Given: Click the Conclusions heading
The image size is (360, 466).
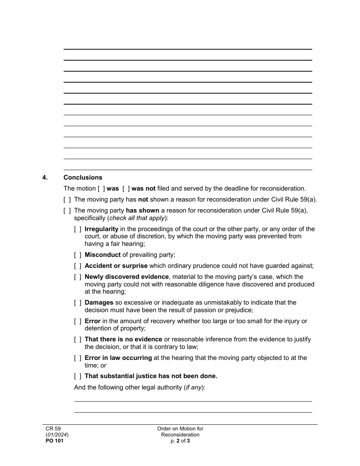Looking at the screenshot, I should pos(83,177).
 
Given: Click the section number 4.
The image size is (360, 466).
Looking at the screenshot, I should pos(45,177).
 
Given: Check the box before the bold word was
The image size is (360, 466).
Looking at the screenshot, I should pos(101,188).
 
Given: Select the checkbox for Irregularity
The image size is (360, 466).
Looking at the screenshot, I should pos(77,229).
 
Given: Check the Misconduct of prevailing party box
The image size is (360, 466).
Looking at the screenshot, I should pos(77,255).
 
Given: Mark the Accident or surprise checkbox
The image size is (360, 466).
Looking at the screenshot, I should pos(77,266).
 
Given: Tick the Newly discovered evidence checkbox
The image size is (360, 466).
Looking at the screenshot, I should pos(77,277).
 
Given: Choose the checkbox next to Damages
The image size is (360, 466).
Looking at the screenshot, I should pos(77,303).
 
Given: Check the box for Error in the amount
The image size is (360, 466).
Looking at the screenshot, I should pos(77,321).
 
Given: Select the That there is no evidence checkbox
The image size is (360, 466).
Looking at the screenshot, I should pos(77,339).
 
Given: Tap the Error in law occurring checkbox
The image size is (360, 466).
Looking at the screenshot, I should pos(77,358).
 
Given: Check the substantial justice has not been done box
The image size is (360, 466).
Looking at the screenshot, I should pos(77,376).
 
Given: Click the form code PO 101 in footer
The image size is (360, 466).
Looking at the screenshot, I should pos(52,441).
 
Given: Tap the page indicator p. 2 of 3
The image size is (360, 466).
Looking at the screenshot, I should pos(180,441).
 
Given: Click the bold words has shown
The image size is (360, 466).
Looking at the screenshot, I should pos(142,210).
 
